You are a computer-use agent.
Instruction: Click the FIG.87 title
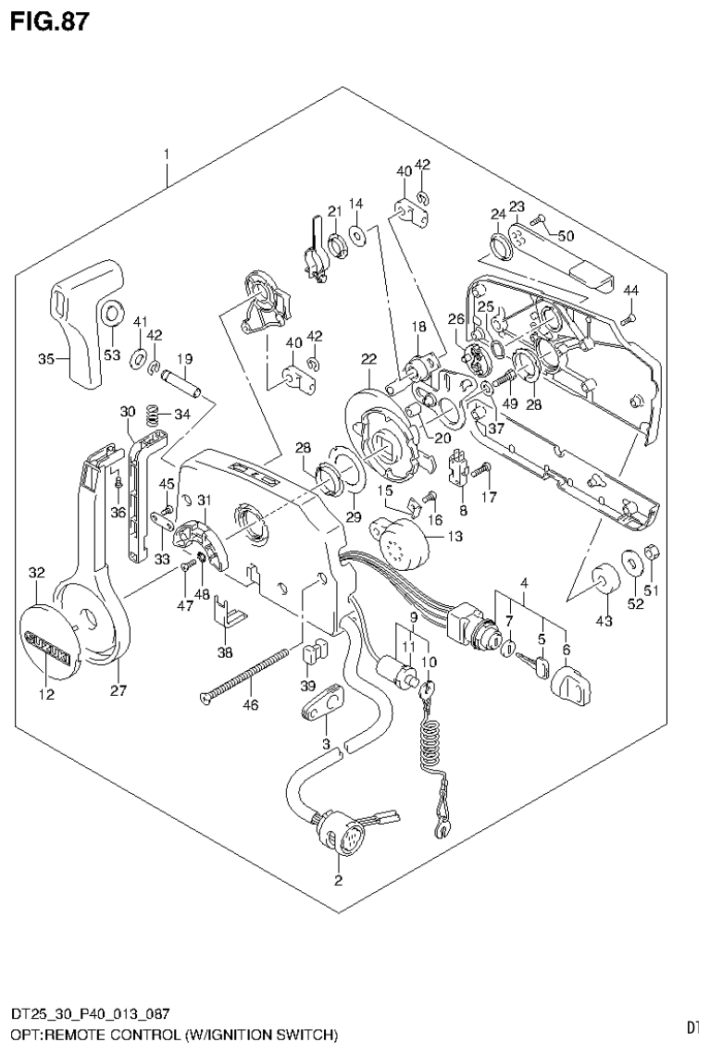(51, 21)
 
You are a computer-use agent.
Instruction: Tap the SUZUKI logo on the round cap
(48, 648)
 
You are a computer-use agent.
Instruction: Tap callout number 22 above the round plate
(368, 359)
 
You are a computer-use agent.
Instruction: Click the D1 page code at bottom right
(692, 1027)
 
